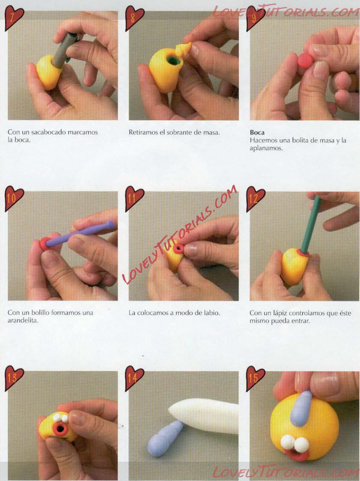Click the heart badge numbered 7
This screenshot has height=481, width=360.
[13, 18]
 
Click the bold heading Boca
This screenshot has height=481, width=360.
[257, 132]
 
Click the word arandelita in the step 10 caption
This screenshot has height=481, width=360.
[23, 320]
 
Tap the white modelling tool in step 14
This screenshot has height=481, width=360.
[204, 415]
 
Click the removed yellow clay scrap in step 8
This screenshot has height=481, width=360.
[184, 49]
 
